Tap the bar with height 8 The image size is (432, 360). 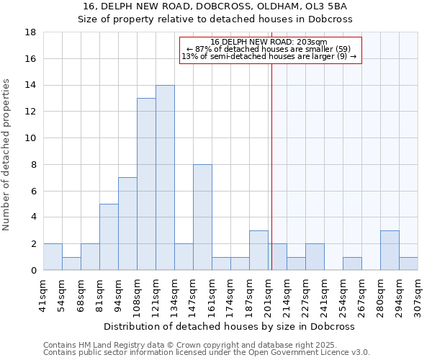[x=202, y=217]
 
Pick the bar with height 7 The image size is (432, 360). [x=127, y=223]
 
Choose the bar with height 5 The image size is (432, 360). [x=109, y=237]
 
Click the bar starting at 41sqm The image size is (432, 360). [x=53, y=256]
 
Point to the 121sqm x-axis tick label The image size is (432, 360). [x=156, y=294]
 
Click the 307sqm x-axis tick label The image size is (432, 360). [x=418, y=294]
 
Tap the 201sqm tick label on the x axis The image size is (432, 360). [x=269, y=294]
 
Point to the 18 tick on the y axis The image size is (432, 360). [x=30, y=32]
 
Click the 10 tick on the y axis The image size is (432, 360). [x=30, y=138]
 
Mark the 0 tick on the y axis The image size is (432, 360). [x=33, y=270]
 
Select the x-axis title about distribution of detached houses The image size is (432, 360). [x=230, y=326]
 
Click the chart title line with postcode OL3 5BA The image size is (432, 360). [x=215, y=6]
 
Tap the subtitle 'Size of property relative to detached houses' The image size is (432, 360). [x=215, y=19]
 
